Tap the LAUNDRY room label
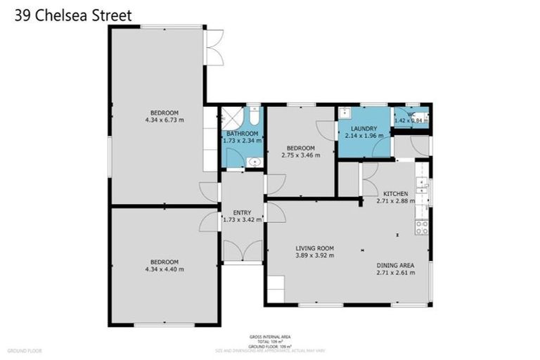[365, 128]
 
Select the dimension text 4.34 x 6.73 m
[164, 120]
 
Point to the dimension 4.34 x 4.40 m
[164, 269]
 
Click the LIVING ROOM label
[314, 248]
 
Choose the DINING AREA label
[395, 264]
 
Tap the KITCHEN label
[395, 193]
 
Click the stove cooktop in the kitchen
[423, 226]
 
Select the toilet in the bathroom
[255, 116]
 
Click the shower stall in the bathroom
[231, 117]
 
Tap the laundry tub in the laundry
[346, 113]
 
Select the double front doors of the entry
[243, 252]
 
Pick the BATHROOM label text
[242, 133]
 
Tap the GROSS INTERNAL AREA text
[269, 337]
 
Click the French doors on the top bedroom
[213, 48]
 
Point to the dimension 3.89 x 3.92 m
[314, 255]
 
